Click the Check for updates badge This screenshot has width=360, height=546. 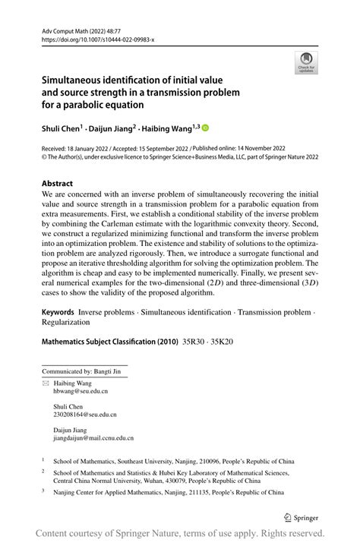click(x=306, y=62)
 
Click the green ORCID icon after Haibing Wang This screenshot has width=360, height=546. click(x=204, y=128)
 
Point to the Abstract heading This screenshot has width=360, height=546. click(x=57, y=183)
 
